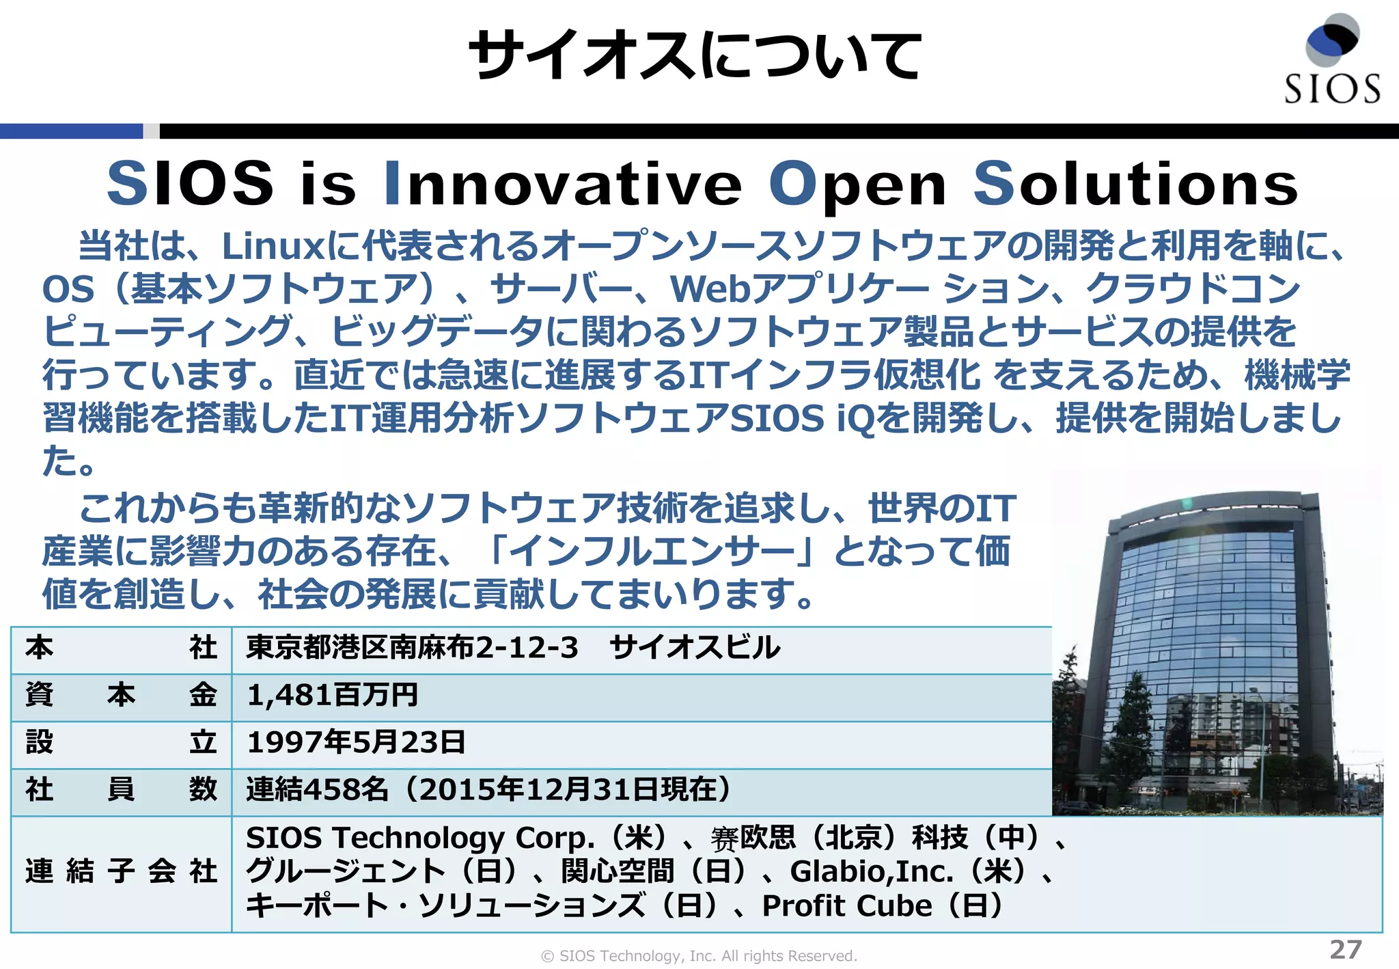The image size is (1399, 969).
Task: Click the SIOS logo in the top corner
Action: click(x=1331, y=60)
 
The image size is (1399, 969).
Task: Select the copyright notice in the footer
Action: click(x=699, y=956)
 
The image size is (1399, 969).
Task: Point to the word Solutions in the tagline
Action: click(x=1135, y=184)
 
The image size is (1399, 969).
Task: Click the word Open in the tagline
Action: click(x=857, y=184)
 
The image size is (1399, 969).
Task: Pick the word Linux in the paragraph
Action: click(x=273, y=246)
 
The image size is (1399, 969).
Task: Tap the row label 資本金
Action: click(x=121, y=695)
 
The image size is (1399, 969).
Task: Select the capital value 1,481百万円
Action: click(x=333, y=695)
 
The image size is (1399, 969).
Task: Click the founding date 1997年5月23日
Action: click(x=356, y=743)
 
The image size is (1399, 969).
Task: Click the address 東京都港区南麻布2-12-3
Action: click(x=412, y=647)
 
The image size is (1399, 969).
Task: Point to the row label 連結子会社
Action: click(x=121, y=871)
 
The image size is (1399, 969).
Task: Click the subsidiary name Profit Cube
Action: click(x=847, y=906)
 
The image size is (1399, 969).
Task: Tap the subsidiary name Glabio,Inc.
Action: click(x=872, y=871)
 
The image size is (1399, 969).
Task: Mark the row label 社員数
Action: click(x=121, y=790)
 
